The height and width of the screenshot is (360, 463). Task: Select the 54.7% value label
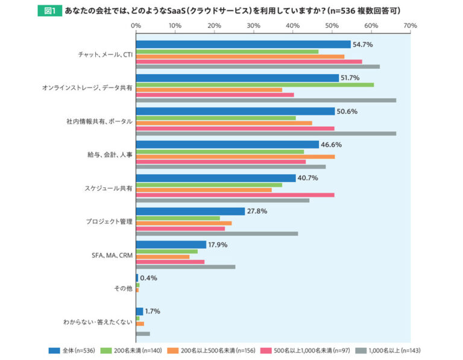tap(363, 45)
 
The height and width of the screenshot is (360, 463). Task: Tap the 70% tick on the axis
tap(410, 25)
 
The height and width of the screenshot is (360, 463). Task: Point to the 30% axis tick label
tap(253, 25)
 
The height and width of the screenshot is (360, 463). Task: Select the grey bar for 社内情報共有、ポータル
tap(266, 133)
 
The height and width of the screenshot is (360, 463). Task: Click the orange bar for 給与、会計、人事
tap(235, 156)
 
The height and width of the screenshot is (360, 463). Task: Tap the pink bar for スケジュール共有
tap(235, 195)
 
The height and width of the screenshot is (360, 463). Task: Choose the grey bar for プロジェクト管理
tap(217, 233)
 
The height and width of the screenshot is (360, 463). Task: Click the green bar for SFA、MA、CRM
tap(167, 251)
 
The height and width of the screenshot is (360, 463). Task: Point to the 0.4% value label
tap(150, 278)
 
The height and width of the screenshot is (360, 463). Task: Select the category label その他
tap(123, 288)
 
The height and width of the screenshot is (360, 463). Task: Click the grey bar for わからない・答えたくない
tap(143, 333)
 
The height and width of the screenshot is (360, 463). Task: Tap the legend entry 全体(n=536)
tap(72, 350)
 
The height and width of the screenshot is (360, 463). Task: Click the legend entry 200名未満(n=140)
tap(133, 350)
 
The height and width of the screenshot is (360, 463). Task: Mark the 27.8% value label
tap(257, 211)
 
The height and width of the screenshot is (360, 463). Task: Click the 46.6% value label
tap(332, 145)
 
